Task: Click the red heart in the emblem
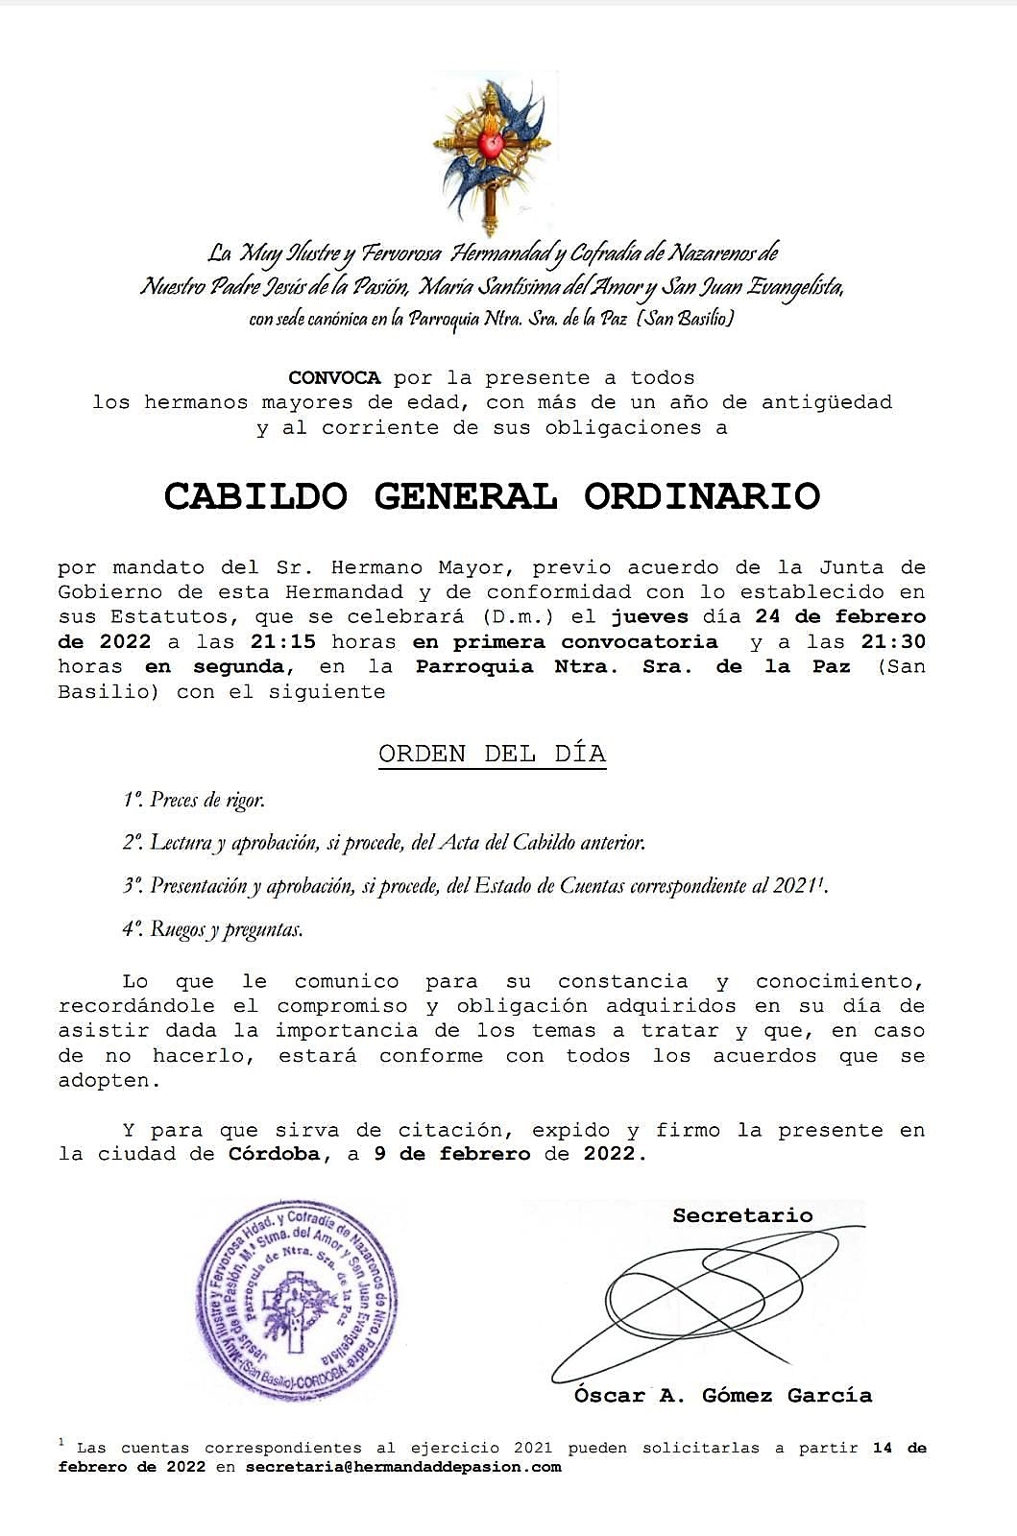click(492, 146)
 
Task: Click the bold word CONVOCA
click(334, 378)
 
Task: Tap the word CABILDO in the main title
click(255, 496)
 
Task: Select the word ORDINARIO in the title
click(702, 496)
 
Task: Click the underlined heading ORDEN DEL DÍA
click(492, 754)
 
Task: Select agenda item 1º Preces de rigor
click(193, 800)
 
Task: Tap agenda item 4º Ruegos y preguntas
click(212, 929)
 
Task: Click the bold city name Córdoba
click(274, 1154)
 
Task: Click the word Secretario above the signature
click(742, 1215)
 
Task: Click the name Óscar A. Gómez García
click(722, 1396)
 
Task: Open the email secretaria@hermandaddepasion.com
click(402, 1467)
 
